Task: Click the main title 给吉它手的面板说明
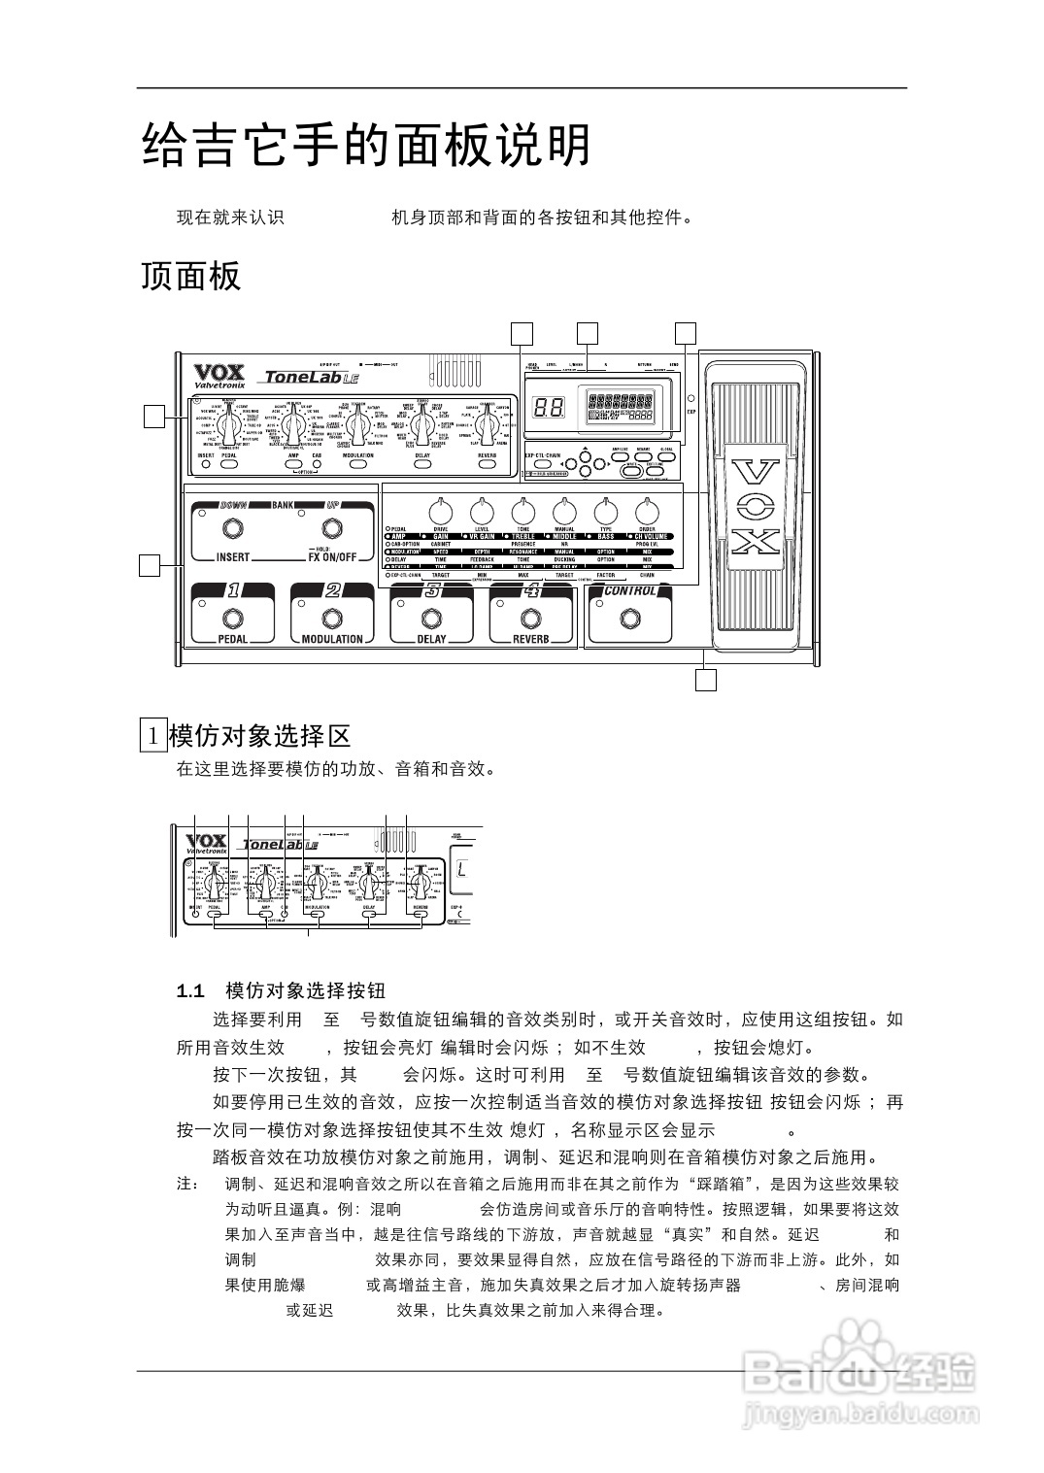point(366,147)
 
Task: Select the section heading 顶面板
point(190,277)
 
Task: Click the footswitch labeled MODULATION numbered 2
point(332,619)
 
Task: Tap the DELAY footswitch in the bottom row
point(431,619)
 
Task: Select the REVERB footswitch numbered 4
point(530,619)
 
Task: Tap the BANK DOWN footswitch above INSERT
point(232,529)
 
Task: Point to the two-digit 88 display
point(549,408)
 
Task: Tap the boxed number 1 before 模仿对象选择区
point(152,735)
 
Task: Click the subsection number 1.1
point(190,991)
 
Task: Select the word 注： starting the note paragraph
point(187,1185)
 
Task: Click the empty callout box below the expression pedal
point(706,680)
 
